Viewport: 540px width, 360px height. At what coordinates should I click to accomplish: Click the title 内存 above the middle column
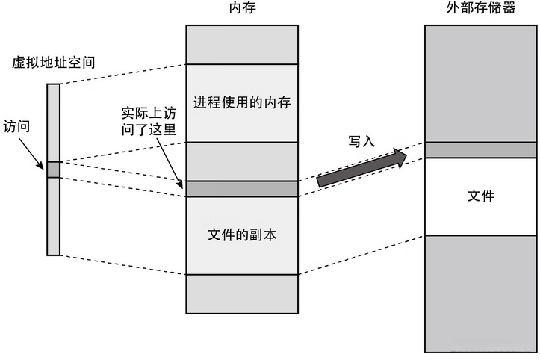241,8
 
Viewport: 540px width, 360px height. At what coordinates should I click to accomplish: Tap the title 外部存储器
481,8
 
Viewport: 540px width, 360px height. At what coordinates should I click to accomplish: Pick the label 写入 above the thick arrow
361,142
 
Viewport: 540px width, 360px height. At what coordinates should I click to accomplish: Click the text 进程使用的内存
241,102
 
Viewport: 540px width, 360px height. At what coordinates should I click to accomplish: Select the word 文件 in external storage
481,196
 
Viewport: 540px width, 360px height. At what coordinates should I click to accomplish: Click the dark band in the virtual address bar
53,170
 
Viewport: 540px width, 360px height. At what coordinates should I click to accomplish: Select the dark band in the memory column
241,188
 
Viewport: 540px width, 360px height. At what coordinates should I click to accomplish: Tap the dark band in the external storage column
481,150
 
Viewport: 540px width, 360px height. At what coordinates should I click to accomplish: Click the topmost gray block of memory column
241,45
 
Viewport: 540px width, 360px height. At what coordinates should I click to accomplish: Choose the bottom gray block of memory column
241,294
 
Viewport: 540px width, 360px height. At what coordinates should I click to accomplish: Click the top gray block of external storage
481,82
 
